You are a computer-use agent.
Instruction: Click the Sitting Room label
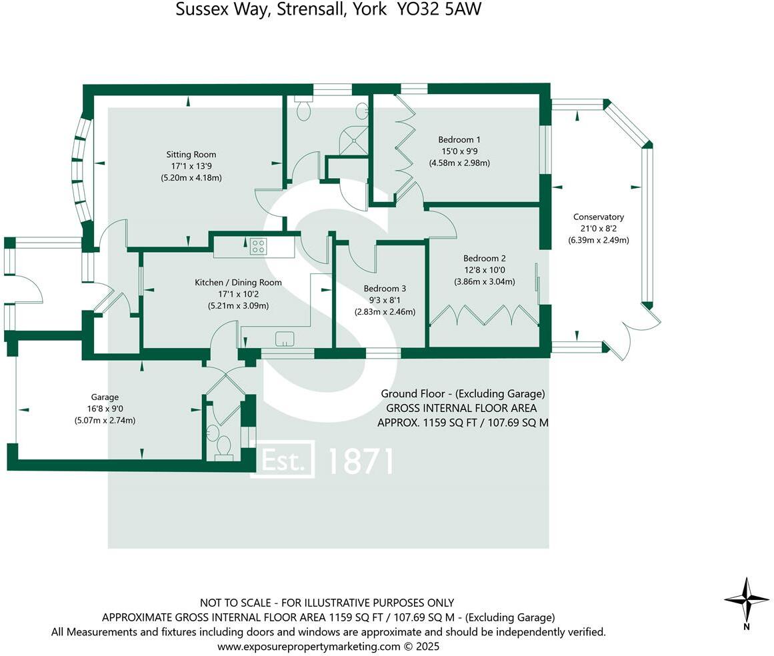coord(191,155)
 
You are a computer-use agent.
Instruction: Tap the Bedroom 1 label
coord(459,139)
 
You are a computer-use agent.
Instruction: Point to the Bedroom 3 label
coord(385,289)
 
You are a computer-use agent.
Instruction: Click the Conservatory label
coord(598,217)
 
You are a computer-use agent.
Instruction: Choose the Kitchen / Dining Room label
coord(238,282)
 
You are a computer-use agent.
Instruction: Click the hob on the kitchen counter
coord(258,247)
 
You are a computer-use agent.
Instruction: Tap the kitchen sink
coord(285,339)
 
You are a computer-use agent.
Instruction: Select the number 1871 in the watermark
coord(361,461)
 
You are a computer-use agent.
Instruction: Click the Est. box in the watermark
coord(282,460)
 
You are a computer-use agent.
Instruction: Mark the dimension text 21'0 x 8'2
coord(598,229)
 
